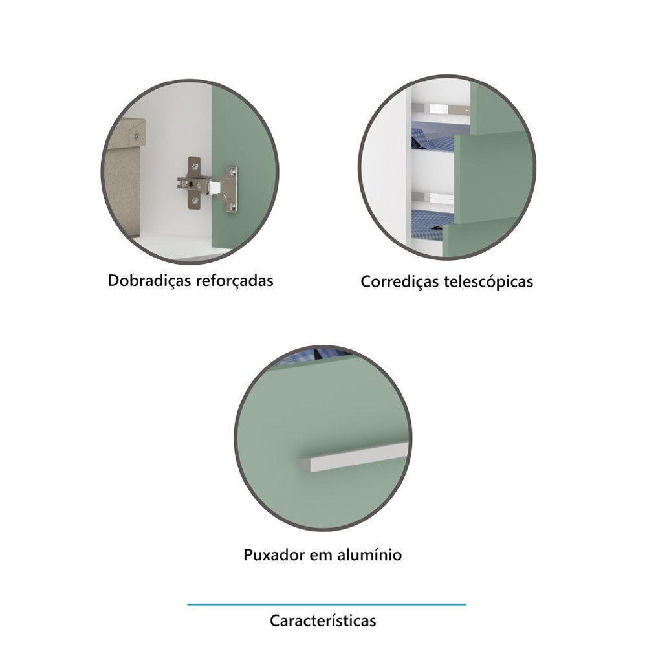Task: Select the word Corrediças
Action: pyautogui.click(x=398, y=282)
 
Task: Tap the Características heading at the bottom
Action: pyautogui.click(x=323, y=621)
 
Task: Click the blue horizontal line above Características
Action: pyautogui.click(x=326, y=604)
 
